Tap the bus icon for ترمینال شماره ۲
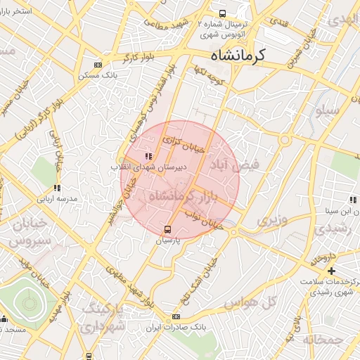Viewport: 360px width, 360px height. click(x=223, y=13)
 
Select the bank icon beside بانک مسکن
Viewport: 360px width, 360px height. click(x=97, y=65)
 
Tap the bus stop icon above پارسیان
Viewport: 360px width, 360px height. click(x=167, y=229)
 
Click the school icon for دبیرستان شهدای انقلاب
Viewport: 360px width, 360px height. click(x=148, y=156)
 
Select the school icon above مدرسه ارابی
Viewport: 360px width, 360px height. click(x=57, y=188)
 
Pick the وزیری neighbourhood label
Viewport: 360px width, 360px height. click(x=271, y=220)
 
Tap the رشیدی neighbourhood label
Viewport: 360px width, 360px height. click(x=331, y=229)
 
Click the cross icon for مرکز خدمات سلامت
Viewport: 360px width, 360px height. click(x=331, y=271)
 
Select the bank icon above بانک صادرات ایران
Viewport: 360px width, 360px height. click(x=176, y=317)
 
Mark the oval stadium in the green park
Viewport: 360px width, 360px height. click(x=29, y=303)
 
